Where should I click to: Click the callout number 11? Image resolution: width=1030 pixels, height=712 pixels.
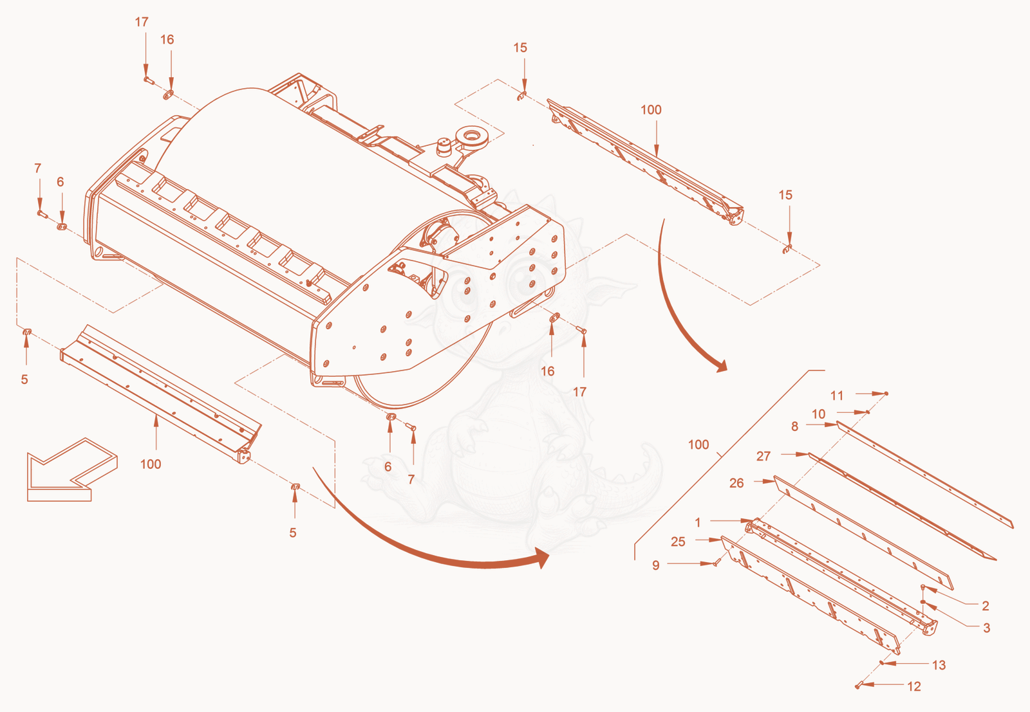(836, 396)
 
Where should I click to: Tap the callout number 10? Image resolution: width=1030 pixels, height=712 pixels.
(818, 414)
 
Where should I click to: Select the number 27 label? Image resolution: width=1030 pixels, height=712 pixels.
(763, 456)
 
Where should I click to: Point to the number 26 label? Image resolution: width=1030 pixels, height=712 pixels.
(736, 483)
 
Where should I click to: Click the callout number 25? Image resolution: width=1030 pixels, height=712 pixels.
(678, 542)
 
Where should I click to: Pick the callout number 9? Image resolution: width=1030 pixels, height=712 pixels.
(656, 565)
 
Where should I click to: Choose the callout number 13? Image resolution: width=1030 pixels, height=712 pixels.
(939, 665)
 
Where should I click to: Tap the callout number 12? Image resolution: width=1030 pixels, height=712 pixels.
(913, 687)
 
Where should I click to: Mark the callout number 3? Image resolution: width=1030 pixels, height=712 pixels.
(986, 628)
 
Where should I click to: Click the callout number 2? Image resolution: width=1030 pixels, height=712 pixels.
(986, 606)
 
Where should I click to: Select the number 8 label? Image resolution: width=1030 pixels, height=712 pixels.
(794, 426)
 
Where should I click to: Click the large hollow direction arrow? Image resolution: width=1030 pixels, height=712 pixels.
(72, 470)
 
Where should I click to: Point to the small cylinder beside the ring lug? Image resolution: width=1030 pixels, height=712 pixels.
(444, 147)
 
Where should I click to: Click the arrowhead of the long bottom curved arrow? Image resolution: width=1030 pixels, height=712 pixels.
(543, 558)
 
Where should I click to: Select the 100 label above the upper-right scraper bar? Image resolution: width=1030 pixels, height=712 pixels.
(651, 110)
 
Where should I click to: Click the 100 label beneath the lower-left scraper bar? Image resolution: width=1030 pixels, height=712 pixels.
(151, 464)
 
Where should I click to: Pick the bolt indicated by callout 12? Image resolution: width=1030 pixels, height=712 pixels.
(857, 686)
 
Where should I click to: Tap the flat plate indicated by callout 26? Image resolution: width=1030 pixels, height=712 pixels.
(863, 533)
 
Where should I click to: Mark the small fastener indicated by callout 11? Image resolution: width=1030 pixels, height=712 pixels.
(886, 394)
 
